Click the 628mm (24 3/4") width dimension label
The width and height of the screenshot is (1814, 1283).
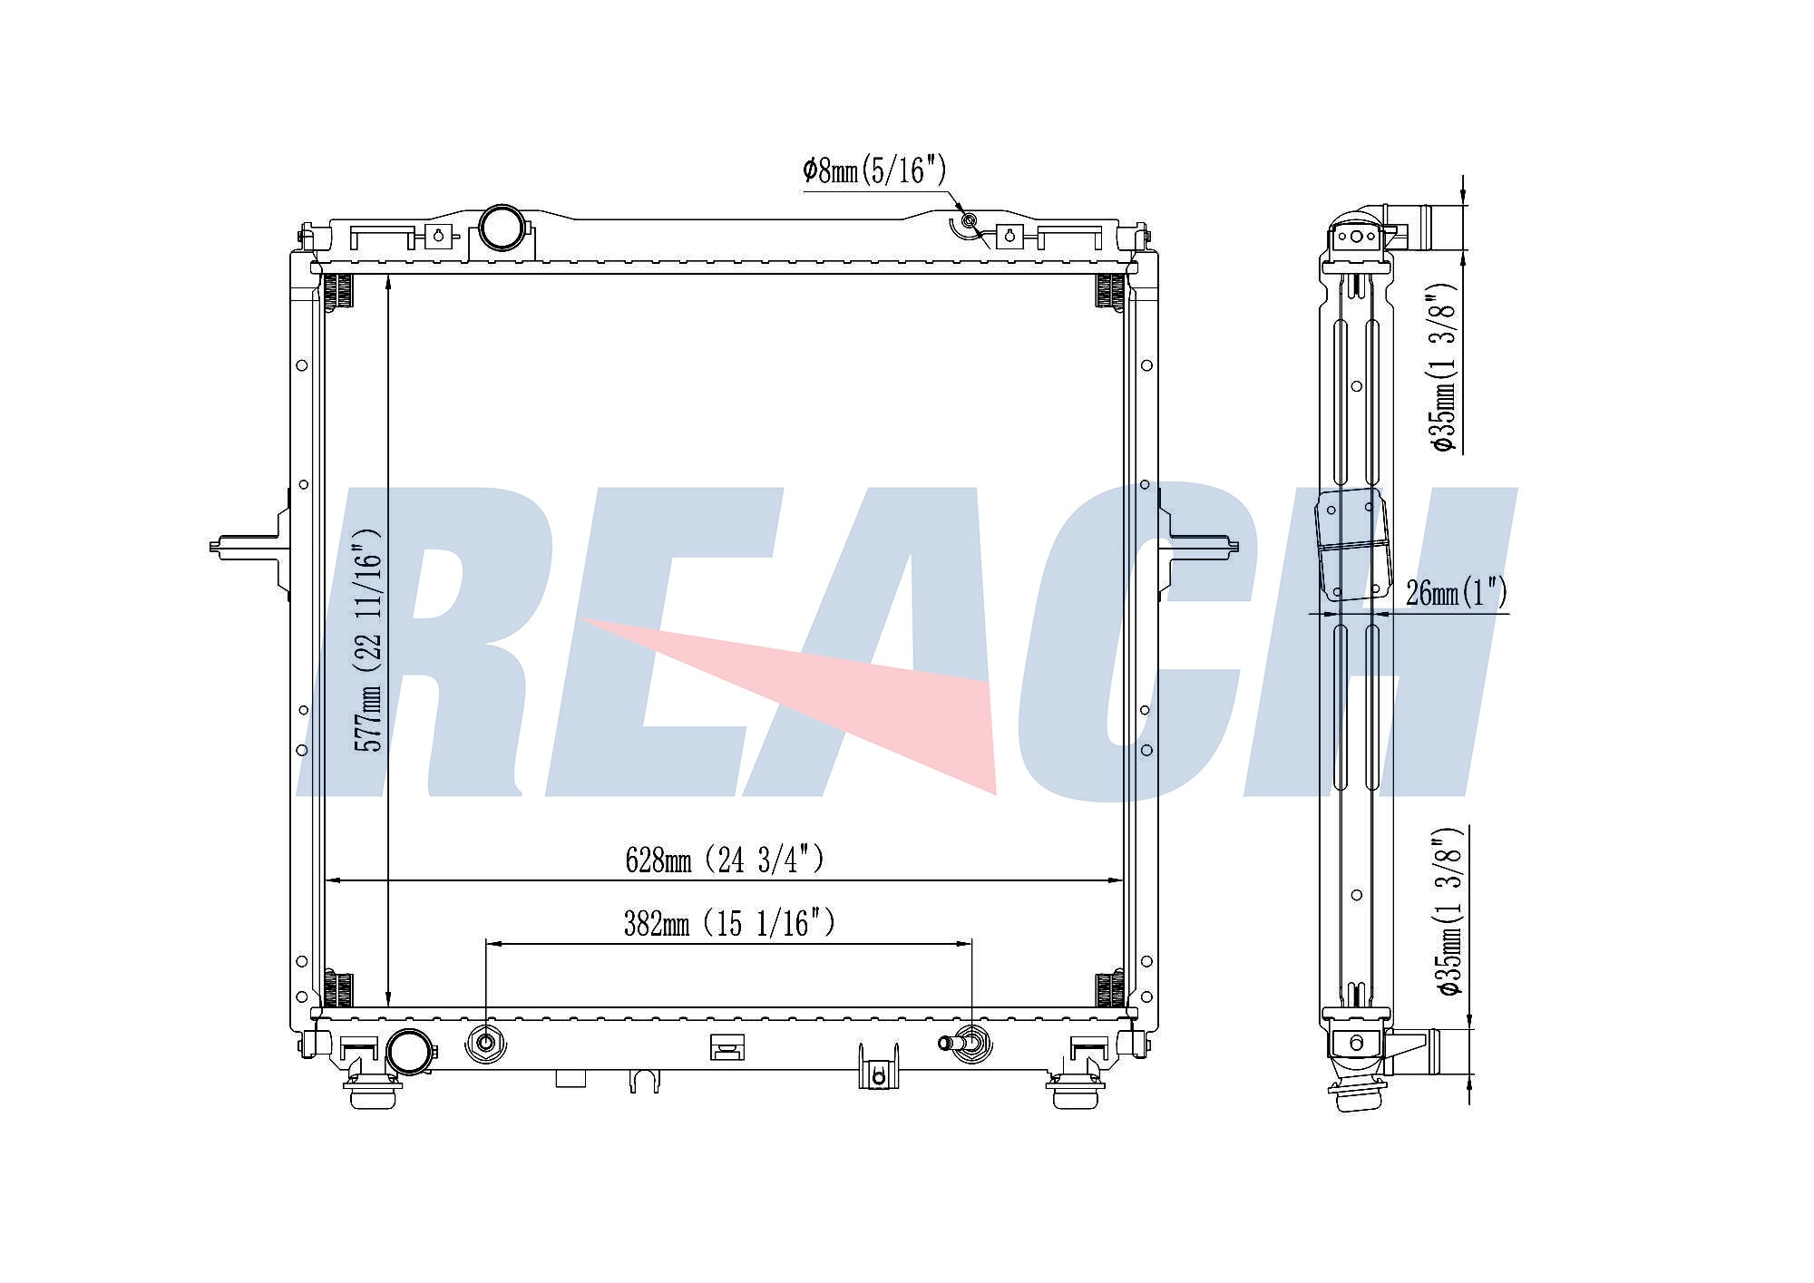coord(725,860)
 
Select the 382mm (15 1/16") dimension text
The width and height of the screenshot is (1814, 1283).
coord(728,924)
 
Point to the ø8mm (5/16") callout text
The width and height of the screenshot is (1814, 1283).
coord(874,170)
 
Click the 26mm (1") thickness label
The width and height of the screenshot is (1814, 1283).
coord(1456,593)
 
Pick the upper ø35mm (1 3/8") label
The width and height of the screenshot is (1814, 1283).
coord(1443,367)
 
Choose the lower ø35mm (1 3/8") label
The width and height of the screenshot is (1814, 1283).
coord(1448,910)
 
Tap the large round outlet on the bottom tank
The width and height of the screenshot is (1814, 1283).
coord(409,1053)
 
